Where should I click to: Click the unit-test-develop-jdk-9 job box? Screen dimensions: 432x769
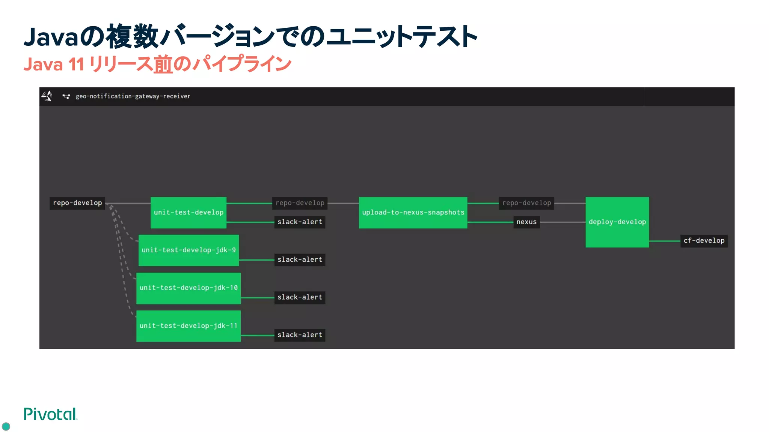pos(188,250)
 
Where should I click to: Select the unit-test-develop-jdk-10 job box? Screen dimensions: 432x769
pos(188,288)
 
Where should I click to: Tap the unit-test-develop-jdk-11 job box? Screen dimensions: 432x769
pos(188,325)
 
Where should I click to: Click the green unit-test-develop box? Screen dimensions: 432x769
pos(188,212)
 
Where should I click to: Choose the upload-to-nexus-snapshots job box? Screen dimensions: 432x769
pos(413,212)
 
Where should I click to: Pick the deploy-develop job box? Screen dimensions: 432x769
pos(617,222)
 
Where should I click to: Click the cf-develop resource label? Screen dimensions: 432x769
pos(704,240)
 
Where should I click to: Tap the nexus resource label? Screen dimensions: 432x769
pos(526,222)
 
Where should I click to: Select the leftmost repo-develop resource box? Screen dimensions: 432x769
pos(77,203)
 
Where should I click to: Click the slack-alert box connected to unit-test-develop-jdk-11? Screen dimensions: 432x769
pos(300,335)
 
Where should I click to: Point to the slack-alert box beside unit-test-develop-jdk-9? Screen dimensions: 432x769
pos(300,259)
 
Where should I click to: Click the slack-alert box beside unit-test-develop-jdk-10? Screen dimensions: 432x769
pos(300,297)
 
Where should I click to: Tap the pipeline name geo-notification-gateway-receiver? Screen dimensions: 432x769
pos(133,96)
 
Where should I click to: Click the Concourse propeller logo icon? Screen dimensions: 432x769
pos(47,96)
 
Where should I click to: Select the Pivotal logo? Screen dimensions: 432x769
pos(50,414)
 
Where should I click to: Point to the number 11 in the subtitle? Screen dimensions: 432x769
pos(76,64)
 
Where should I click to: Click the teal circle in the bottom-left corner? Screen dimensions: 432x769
pos(6,426)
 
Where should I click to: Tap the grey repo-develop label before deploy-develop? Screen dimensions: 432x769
pos(526,203)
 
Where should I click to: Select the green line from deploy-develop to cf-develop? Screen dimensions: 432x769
pos(665,241)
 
